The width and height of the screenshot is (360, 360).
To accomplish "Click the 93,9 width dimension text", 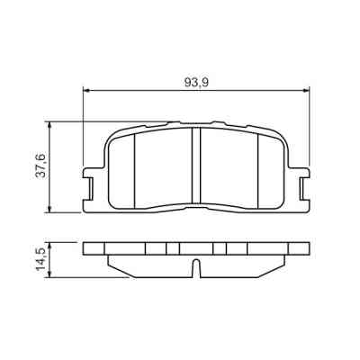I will tap(197, 82).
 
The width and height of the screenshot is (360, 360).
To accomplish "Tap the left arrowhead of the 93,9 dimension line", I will tap(86, 90).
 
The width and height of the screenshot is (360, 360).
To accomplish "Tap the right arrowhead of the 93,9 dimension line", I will tap(309, 90).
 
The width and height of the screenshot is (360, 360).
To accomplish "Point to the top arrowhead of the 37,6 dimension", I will tap(50, 125).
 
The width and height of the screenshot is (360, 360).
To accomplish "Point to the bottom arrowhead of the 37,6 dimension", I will tap(50, 210).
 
